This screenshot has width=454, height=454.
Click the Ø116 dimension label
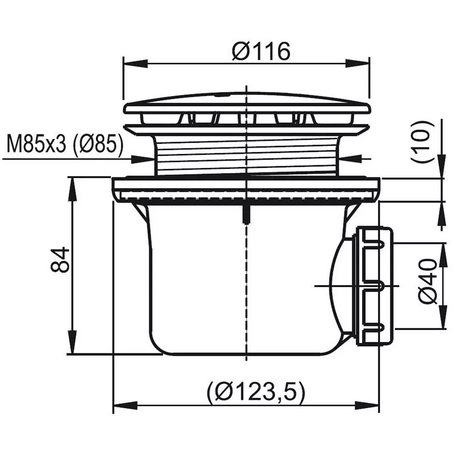pos(261,51)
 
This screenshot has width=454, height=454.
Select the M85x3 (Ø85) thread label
pos(65,144)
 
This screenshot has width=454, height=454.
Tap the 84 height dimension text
pos(60,260)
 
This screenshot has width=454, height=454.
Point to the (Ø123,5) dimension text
pos(256,393)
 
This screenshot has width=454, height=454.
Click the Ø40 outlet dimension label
pos(428,281)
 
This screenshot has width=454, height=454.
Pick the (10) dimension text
pos(423,141)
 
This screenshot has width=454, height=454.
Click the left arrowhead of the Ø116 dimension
pos(136,64)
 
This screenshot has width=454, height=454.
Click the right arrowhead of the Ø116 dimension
pos(357,64)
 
